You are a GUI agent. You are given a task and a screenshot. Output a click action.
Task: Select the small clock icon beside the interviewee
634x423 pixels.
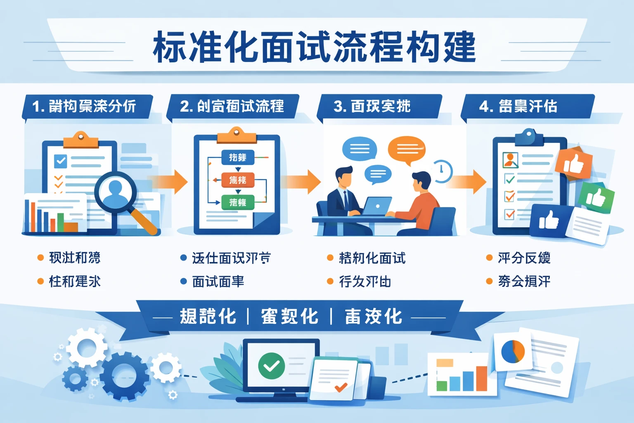tap(442, 171)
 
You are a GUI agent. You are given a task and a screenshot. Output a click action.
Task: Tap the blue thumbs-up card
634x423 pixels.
tap(549, 220)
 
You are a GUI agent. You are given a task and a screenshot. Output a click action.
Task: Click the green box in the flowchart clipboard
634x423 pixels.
tap(238, 202)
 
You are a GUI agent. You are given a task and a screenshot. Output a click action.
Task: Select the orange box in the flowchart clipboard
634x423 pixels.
tap(238, 180)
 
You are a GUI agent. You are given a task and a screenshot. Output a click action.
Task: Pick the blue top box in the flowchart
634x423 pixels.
tap(238, 157)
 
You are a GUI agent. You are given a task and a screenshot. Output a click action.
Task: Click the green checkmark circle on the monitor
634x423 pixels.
tap(271, 366)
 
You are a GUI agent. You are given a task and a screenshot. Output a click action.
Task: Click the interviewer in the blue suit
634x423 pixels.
tap(345, 194)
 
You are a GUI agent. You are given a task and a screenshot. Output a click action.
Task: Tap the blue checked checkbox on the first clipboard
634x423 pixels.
tap(61, 161)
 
